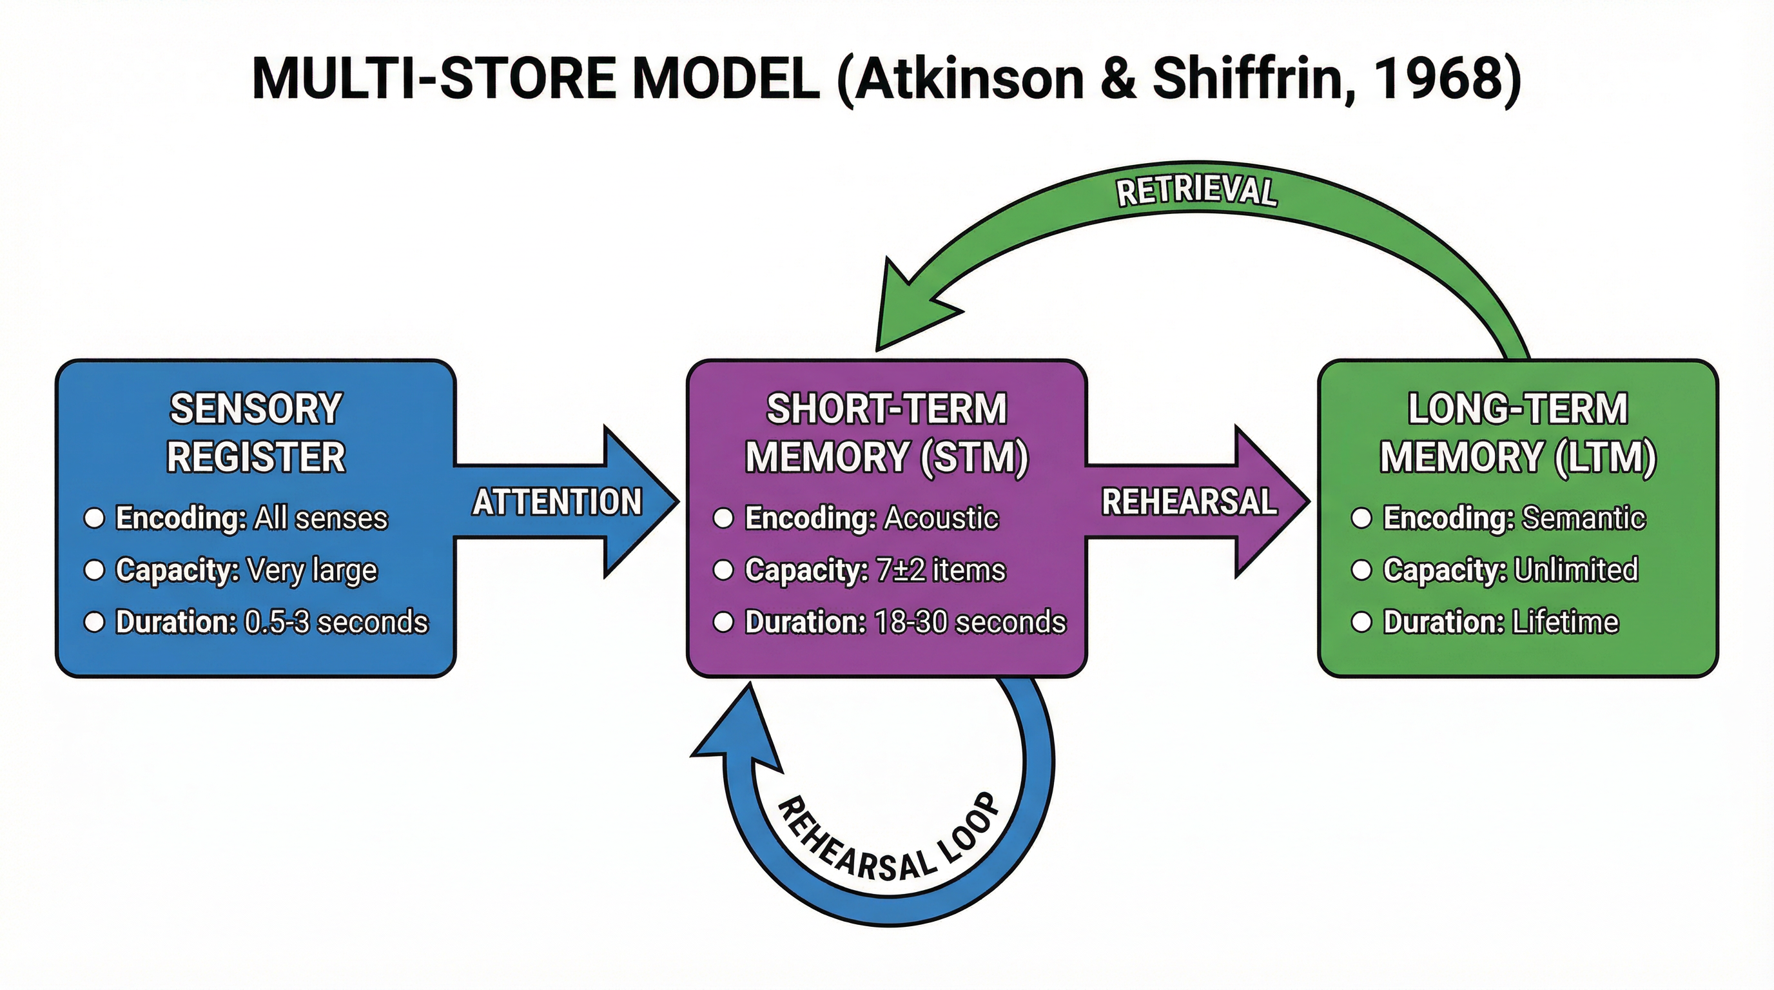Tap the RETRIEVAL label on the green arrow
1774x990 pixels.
tap(1197, 191)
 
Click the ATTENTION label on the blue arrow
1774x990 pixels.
tap(557, 501)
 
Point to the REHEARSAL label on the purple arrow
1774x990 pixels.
tap(1189, 501)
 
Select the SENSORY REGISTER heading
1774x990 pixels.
tap(255, 432)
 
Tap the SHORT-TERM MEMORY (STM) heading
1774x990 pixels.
tap(887, 432)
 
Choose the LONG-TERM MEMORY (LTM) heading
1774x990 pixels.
tap(1518, 432)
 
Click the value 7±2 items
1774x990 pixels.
tap(941, 570)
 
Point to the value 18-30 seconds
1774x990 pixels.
tap(970, 622)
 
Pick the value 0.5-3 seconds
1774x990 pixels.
tap(336, 622)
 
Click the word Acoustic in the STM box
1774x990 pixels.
tap(941, 518)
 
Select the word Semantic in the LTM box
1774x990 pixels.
tap(1583, 518)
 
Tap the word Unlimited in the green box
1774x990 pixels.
tap(1575, 569)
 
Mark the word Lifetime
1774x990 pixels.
tap(1565, 622)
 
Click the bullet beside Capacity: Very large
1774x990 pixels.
tap(93, 570)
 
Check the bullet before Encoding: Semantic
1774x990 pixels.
tap(1361, 518)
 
